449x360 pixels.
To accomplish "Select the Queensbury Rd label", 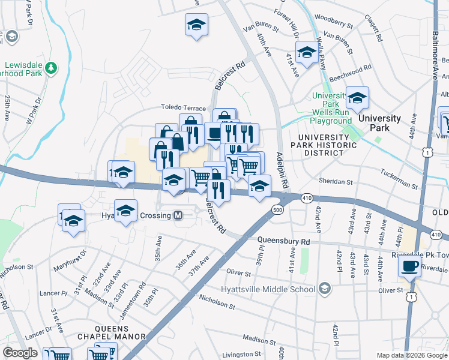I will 283,241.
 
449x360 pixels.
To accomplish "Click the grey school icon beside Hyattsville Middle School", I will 325,289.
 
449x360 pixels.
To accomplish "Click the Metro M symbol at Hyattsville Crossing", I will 178,215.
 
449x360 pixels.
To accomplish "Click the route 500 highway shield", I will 277,209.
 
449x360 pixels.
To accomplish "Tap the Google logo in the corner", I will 20,353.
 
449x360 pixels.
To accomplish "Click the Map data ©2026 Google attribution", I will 411,355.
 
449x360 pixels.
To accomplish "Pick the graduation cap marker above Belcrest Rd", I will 196,25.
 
